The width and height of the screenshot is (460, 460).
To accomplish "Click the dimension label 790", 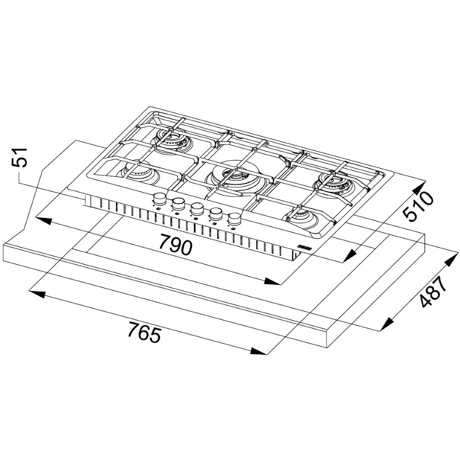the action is [x=176, y=244].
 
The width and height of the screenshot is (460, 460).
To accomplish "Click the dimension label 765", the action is [x=144, y=332].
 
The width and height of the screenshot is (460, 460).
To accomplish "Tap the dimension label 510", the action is [x=418, y=206].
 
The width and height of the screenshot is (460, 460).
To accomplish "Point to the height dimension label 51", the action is [x=20, y=157].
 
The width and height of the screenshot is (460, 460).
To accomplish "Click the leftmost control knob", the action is [x=160, y=199].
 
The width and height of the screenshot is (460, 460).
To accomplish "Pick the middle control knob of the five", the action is [x=197, y=209].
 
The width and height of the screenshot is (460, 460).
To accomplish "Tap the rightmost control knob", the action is [x=235, y=219].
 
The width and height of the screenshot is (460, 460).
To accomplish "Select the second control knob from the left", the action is [x=178, y=204].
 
